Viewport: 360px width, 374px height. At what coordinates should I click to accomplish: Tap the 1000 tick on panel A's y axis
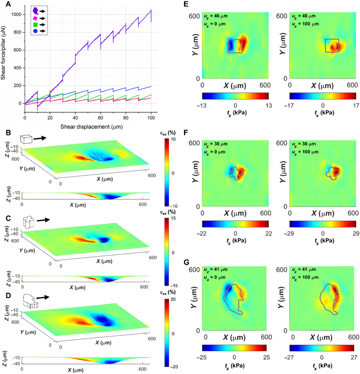(16, 14)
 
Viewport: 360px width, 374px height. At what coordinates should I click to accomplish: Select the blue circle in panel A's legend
(35, 31)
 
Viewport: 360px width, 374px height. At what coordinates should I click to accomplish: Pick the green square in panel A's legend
(35, 25)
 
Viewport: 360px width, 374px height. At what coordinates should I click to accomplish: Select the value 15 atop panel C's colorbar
(173, 219)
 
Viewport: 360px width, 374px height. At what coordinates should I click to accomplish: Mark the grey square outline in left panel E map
(235, 46)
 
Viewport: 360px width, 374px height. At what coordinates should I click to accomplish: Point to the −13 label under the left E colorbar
(205, 106)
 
